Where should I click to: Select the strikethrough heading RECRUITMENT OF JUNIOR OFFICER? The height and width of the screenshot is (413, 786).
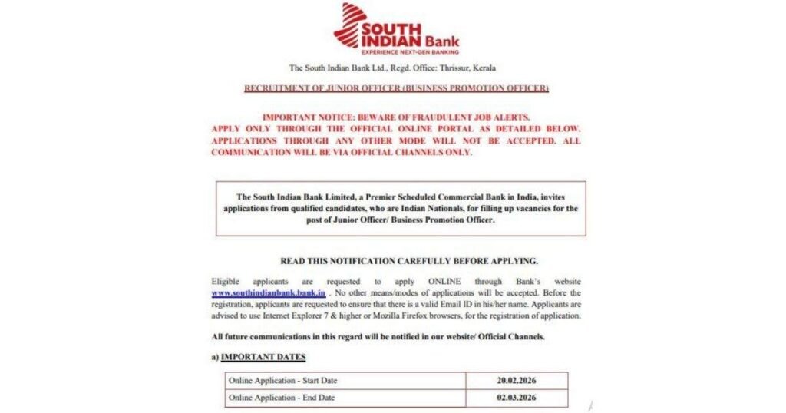pyautogui.click(x=396, y=88)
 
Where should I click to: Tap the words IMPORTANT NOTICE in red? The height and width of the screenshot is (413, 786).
pyautogui.click(x=307, y=117)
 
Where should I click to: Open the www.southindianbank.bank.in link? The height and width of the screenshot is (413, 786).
pyautogui.click(x=269, y=293)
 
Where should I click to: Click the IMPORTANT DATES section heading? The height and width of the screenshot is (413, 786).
pyautogui.click(x=263, y=357)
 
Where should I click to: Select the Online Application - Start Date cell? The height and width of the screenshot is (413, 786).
pyautogui.click(x=282, y=380)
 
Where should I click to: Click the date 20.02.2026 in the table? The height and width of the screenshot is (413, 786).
pyautogui.click(x=516, y=380)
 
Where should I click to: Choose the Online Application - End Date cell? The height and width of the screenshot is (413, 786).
pyautogui.click(x=281, y=398)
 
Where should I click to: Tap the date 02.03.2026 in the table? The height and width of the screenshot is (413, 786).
pyautogui.click(x=516, y=398)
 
